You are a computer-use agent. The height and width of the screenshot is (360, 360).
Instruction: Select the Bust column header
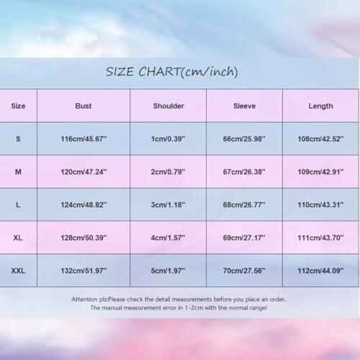(84, 106)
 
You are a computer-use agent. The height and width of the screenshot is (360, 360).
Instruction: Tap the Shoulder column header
(168, 106)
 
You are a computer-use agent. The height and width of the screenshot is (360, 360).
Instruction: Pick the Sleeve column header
(244, 106)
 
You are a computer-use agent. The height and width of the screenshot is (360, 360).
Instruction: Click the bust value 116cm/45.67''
(84, 139)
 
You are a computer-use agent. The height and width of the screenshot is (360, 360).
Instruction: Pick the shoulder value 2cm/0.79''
(168, 172)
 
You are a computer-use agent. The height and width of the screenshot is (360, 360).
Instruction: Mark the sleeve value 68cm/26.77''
(244, 205)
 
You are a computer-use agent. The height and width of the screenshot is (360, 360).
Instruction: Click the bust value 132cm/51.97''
(84, 271)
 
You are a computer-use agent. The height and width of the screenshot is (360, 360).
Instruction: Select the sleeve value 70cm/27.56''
(244, 271)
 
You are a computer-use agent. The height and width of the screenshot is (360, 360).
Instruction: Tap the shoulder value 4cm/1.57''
(168, 238)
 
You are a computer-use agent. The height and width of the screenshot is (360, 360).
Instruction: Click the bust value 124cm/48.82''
(84, 205)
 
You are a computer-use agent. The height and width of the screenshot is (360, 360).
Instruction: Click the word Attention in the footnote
(85, 299)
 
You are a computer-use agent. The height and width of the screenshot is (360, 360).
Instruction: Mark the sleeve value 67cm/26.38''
(244, 172)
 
